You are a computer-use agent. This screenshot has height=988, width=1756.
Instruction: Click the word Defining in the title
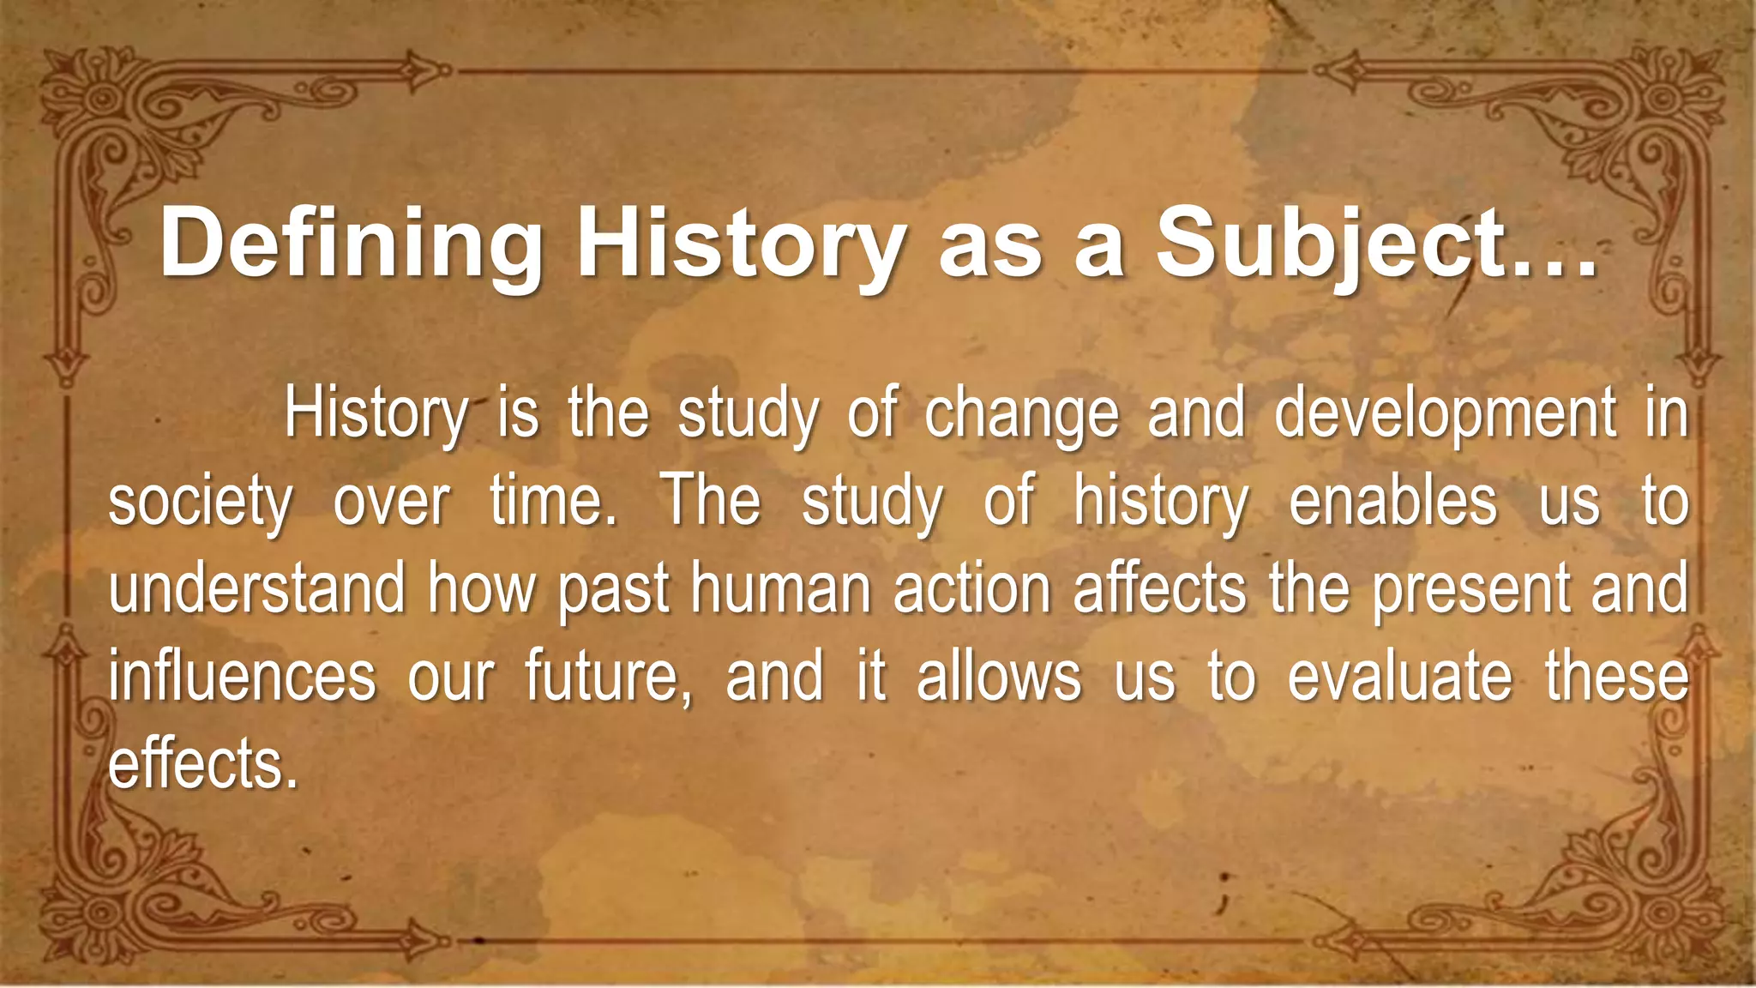352,246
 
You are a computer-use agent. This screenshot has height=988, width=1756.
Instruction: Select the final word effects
201,764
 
